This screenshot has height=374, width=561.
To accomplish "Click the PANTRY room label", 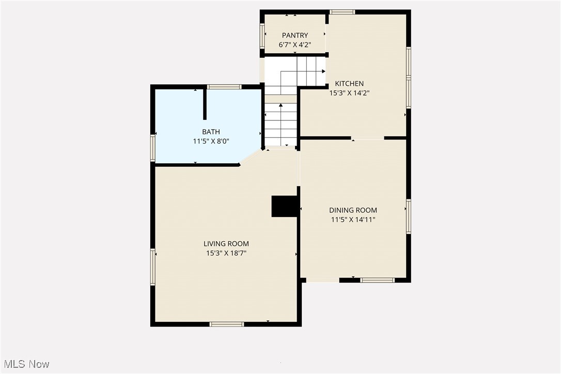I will coord(295,35).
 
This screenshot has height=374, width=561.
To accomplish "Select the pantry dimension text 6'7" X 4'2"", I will coord(295,44).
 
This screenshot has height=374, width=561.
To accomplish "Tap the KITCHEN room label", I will coord(350,83).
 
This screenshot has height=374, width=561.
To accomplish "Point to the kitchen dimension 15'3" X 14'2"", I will coord(350,93).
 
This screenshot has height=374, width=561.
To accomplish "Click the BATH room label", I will coord(211,132).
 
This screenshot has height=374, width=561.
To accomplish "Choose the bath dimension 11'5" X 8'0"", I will coord(211,141).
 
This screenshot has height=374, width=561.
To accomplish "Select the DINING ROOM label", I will coord(353,210).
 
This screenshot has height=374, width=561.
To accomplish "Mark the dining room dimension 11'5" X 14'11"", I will coord(353,220).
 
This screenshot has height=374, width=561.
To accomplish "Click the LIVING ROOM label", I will coord(226,244).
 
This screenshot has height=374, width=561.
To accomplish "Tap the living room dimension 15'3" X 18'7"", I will coord(226,253).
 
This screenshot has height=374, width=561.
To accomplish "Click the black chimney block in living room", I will coord(285,206).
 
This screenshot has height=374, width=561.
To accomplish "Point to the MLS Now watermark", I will coord(25,364).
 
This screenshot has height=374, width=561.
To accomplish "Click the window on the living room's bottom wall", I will coord(226,324).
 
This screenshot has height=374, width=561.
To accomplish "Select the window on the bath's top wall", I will coord(224,87).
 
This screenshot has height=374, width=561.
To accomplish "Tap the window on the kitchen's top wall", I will coord(342,12).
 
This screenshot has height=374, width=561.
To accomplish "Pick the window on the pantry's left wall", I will coord(262,36).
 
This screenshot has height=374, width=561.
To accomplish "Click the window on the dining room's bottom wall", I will coord(377,280).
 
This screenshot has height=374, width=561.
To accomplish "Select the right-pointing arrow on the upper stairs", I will coord(323,72).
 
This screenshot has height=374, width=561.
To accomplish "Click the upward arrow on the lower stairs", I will coord(281,105).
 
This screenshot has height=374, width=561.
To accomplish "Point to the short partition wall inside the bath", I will coord(205,104).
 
